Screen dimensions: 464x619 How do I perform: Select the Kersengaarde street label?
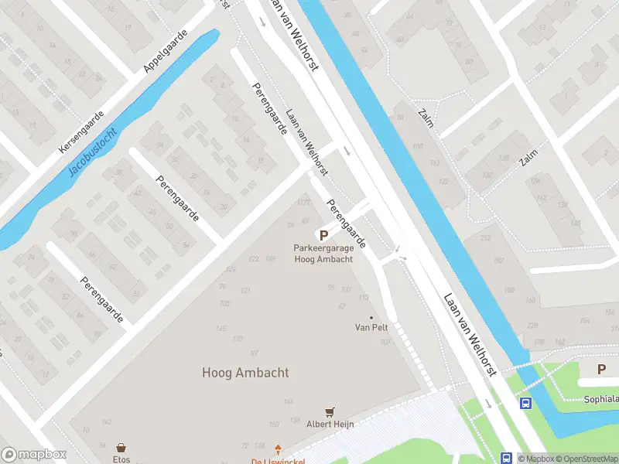coord(80,130)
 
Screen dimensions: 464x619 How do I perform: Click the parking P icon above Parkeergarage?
coord(323,235)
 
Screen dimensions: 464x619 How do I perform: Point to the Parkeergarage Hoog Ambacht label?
coord(323,254)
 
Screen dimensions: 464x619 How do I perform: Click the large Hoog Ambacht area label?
coord(245,372)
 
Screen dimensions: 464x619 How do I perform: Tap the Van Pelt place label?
coord(371,327)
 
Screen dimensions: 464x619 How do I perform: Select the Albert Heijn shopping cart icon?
coord(331,412)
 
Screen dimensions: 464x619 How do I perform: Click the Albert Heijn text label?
coord(330,424)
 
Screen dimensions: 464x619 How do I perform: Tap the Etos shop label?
coord(121,459)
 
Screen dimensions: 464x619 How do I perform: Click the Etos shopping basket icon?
coord(121,448)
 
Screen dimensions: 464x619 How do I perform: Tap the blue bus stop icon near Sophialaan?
coord(525,403)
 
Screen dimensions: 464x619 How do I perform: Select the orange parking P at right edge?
coord(601,370)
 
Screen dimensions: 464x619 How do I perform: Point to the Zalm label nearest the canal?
coord(426,118)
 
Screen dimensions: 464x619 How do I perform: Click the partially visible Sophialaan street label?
coord(601,400)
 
